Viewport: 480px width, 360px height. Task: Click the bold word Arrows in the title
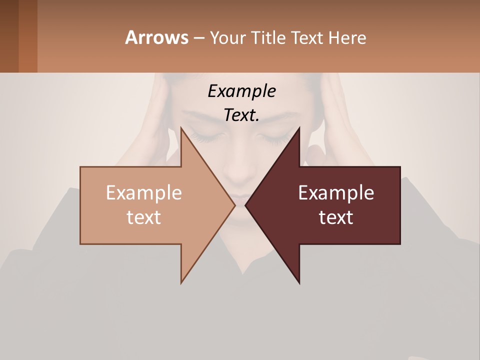click(x=156, y=37)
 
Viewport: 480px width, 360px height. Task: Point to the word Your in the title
click(x=228, y=37)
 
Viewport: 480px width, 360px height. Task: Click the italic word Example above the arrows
click(x=241, y=91)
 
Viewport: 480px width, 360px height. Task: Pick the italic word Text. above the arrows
click(x=241, y=115)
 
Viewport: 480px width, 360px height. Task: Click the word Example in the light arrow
click(x=144, y=192)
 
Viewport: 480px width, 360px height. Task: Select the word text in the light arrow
click(x=144, y=217)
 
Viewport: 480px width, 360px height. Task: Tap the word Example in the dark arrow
click(x=336, y=192)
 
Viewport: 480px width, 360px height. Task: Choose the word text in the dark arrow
click(x=336, y=217)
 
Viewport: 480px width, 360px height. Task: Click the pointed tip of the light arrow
click(x=234, y=205)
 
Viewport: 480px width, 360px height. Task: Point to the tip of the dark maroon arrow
click(x=246, y=205)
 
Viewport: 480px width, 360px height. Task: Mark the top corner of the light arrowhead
click(x=181, y=128)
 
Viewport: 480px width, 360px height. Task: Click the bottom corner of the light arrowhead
click(x=181, y=282)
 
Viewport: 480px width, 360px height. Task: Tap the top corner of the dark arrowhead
click(x=299, y=128)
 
